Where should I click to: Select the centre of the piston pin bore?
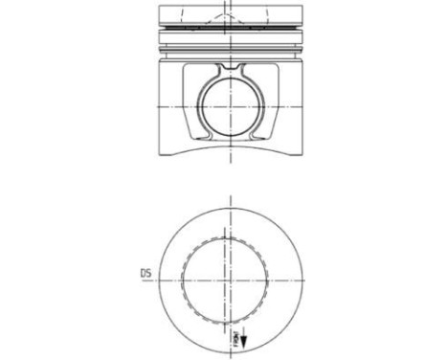[x=230, y=108]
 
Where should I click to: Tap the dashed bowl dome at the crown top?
[x=230, y=12]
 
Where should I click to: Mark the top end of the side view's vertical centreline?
[x=230, y=4]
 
